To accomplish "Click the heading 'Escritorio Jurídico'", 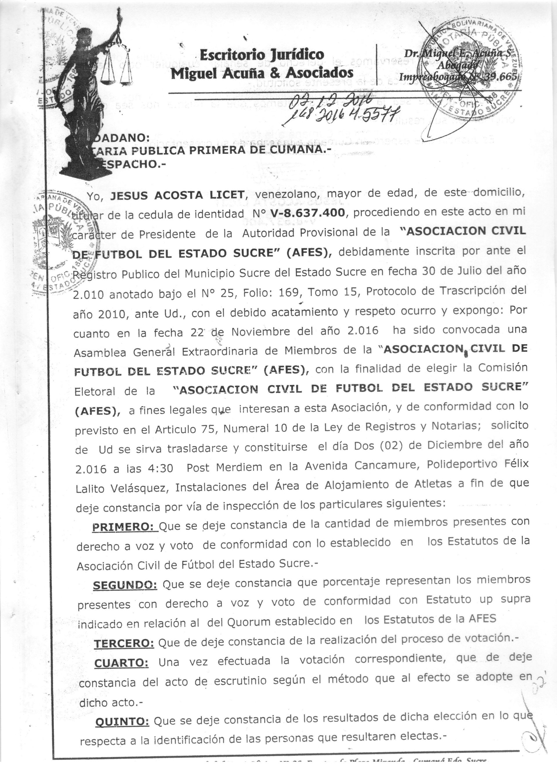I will pyautogui.click(x=262, y=55).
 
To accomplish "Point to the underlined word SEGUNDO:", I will pyautogui.click(x=125, y=585).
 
